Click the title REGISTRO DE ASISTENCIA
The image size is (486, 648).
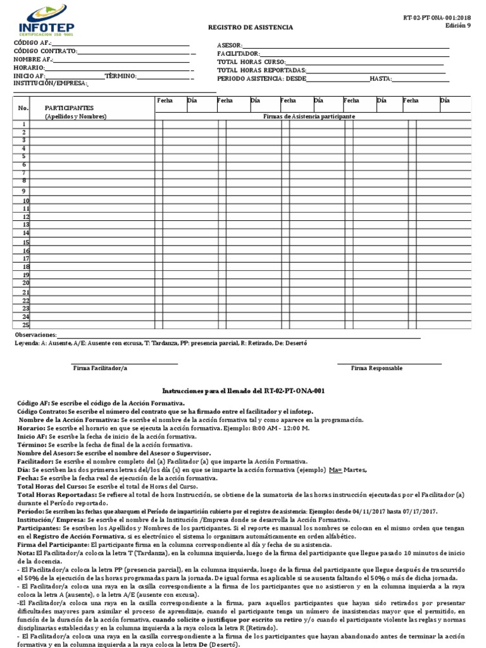[x=251, y=28]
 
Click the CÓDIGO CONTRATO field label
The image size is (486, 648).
[x=45, y=51]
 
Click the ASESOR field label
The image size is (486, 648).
[x=229, y=46]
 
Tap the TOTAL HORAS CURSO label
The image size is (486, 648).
[x=251, y=62]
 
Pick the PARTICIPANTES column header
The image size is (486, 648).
[x=70, y=108]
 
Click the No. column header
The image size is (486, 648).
[x=23, y=108]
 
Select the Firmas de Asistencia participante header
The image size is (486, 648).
[x=309, y=117]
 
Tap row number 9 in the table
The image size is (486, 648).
[x=24, y=191]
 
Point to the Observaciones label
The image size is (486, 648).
[x=35, y=335]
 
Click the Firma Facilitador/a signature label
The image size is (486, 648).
[x=100, y=368]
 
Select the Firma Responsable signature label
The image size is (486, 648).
[x=377, y=368]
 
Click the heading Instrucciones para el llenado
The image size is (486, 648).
[x=244, y=391]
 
